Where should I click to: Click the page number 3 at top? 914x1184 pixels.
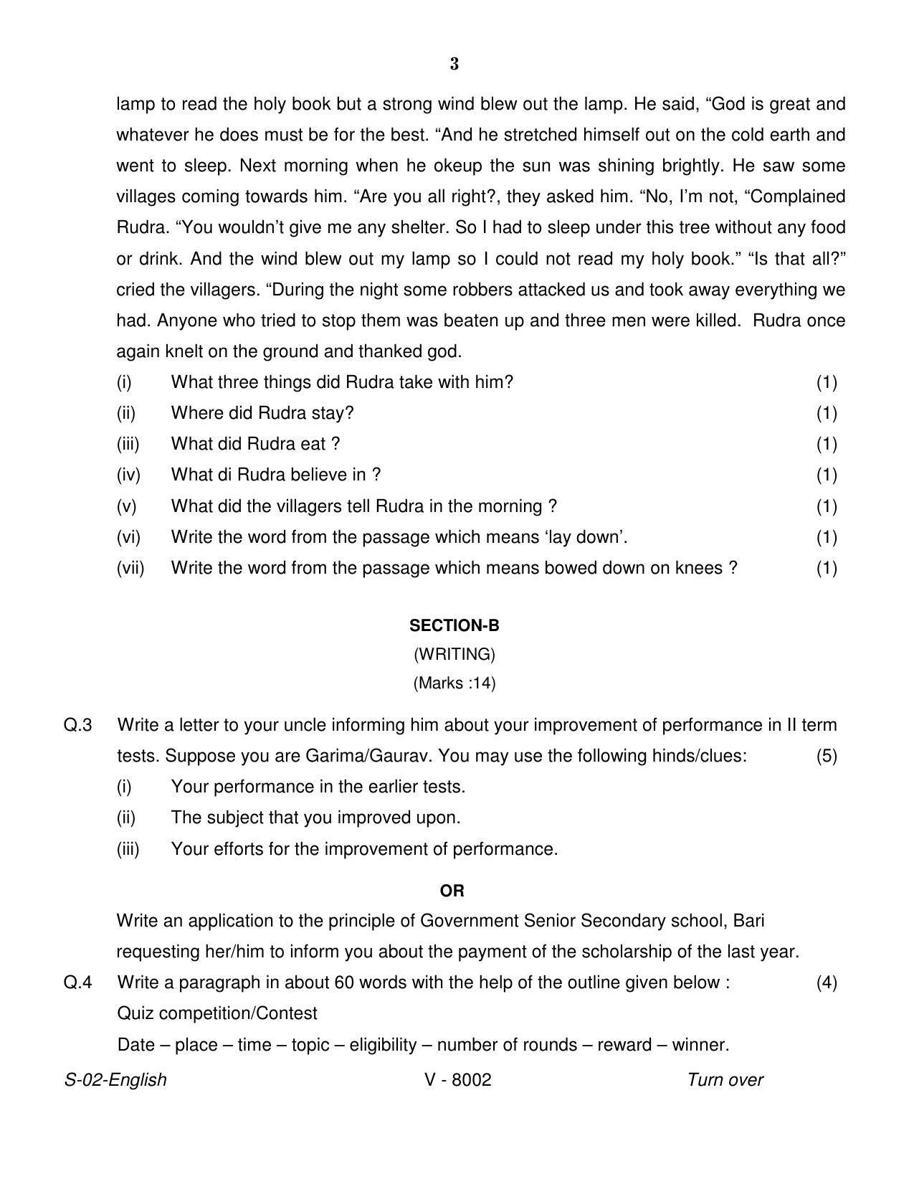[454, 65]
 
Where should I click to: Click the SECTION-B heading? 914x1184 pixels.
[454, 625]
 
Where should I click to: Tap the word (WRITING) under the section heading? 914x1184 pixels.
[454, 654]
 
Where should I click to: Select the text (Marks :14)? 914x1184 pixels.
[454, 683]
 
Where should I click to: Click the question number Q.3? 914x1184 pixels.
[78, 725]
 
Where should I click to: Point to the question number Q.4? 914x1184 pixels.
[78, 982]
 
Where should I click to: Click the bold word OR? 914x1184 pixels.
[452, 891]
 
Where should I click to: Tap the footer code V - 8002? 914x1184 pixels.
[458, 1080]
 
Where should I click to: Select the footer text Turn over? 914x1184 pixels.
[725, 1080]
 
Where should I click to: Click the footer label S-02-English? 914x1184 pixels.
[115, 1080]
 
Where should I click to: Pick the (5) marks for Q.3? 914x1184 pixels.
[827, 756]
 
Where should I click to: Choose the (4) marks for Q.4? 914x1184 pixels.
[827, 982]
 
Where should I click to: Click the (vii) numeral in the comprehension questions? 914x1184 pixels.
[130, 568]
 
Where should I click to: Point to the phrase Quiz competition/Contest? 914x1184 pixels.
[217, 1013]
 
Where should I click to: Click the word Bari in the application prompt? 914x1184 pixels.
[754, 920]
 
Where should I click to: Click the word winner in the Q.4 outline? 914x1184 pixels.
[700, 1045]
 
